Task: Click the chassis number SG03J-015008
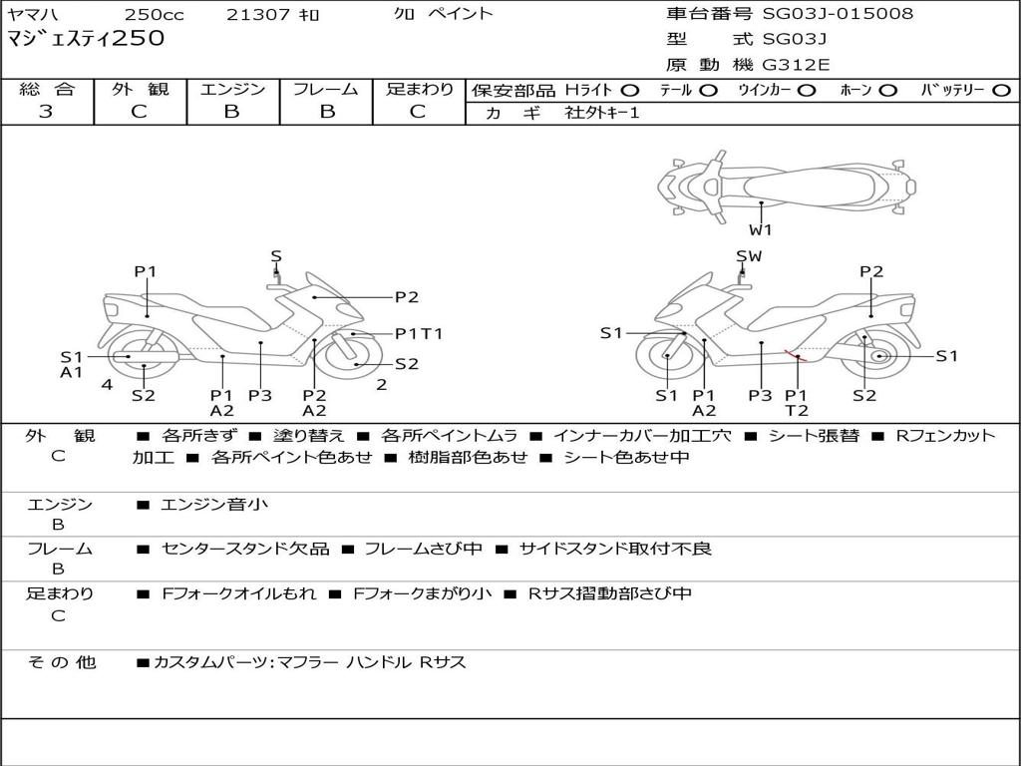point(838,13)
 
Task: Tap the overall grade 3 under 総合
point(46,111)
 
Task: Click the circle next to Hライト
point(630,91)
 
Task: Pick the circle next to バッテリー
point(1001,91)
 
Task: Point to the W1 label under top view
point(760,229)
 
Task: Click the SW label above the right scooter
point(749,256)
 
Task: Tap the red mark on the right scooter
point(795,355)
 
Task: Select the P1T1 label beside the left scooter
point(419,333)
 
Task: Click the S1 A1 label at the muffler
point(72,364)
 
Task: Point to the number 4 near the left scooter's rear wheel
point(107,384)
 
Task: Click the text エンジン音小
point(213,504)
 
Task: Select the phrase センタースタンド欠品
point(245,549)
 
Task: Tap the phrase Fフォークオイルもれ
point(238,593)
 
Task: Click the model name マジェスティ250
point(86,38)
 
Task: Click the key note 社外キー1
point(602,113)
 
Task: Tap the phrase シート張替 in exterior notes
point(814,435)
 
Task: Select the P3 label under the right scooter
point(760,395)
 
